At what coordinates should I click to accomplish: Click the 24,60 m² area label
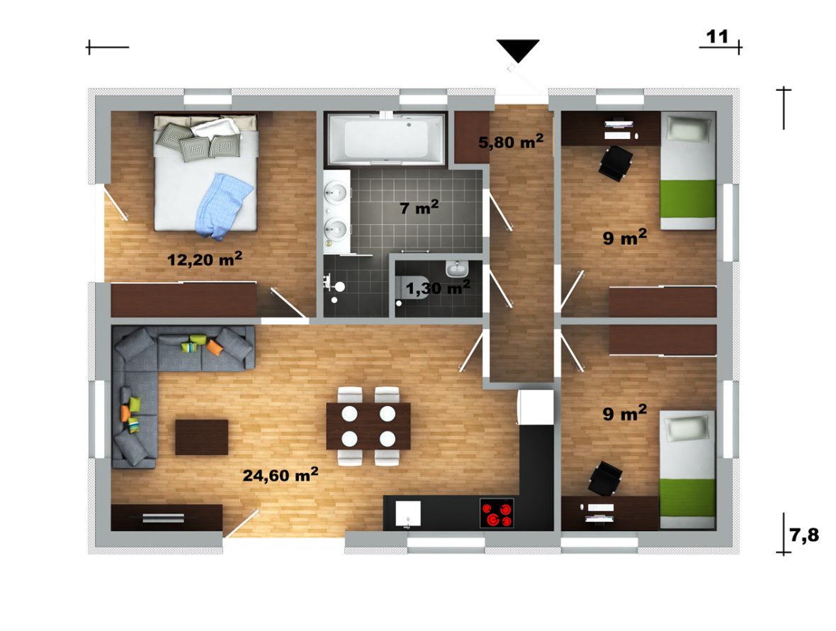281,474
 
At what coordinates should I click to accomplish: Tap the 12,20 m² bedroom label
205,259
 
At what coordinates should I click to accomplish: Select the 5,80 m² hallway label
511,141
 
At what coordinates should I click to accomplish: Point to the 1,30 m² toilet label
438,288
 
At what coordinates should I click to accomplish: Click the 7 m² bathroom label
419,207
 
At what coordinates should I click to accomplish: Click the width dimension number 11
717,37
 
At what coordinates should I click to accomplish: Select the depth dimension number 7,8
804,535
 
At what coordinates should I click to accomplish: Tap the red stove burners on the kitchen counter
497,513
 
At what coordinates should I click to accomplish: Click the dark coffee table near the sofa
201,437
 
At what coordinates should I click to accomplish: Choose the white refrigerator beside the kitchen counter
536,407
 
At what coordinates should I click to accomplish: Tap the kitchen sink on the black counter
408,513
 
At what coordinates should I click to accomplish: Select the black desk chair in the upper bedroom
616,162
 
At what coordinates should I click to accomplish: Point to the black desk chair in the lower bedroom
605,479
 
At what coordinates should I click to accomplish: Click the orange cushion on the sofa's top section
214,347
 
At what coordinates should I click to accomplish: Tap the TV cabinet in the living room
166,518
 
